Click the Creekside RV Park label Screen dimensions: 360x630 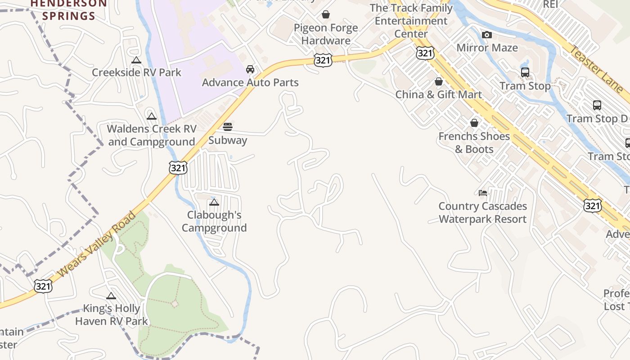(x=136, y=72)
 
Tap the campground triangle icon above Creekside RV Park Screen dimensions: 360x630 (x=136, y=60)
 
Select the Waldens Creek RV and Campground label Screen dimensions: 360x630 (x=152, y=135)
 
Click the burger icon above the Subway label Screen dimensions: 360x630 (x=228, y=127)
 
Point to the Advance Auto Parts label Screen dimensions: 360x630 (x=250, y=83)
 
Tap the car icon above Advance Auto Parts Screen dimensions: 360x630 (x=250, y=69)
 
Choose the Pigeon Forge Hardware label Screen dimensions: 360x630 (x=326, y=34)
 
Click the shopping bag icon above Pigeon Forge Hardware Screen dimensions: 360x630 (x=326, y=15)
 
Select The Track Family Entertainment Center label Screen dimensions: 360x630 (x=411, y=21)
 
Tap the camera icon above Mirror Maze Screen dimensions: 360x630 (x=486, y=35)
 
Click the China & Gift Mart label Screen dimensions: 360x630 (x=438, y=94)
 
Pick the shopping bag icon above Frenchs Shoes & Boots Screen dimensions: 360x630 (x=474, y=123)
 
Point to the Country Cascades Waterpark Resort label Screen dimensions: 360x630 (x=482, y=213)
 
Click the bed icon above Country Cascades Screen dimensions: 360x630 (x=483, y=193)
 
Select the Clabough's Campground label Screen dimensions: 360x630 (x=214, y=221)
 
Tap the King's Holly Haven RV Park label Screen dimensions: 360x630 (x=111, y=315)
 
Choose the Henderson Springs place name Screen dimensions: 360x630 (x=69, y=10)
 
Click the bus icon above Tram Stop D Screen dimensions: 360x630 (x=597, y=105)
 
